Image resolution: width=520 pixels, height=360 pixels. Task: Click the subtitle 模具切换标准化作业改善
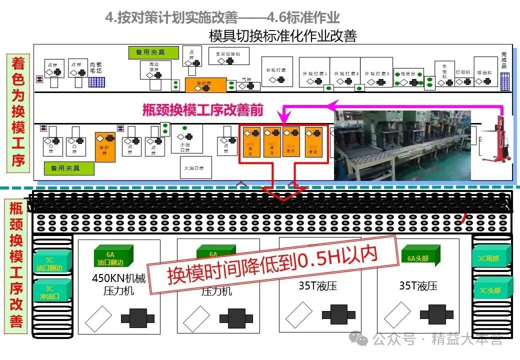[x=282, y=36]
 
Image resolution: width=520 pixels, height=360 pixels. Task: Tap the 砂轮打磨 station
[x=276, y=71]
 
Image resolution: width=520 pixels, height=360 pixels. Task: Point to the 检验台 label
[x=408, y=74]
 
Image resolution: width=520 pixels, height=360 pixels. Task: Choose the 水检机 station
[x=444, y=73]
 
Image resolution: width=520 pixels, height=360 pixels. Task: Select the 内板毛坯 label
[x=95, y=67]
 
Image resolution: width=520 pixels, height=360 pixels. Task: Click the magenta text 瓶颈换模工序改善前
[x=202, y=109]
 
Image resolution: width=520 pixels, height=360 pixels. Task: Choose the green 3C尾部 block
[x=492, y=258]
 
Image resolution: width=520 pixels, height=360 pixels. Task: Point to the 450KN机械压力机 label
[x=119, y=284]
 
